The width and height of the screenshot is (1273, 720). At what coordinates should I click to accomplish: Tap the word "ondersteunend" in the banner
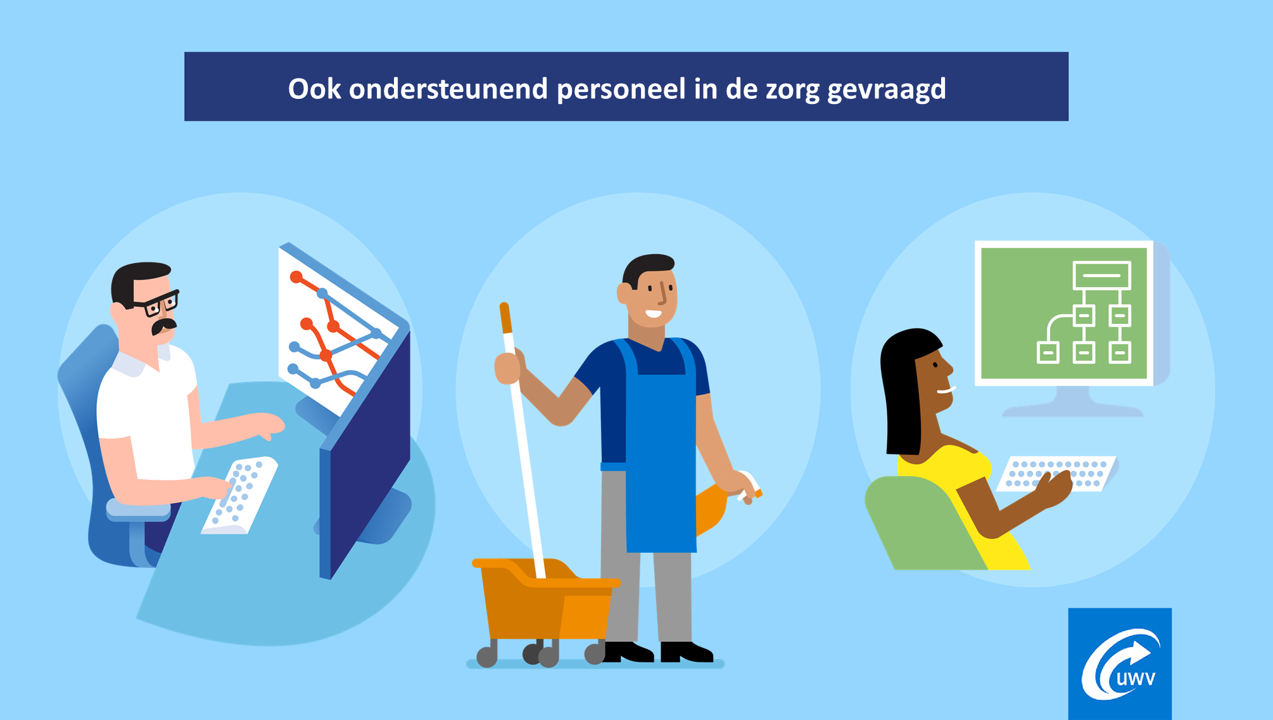[448, 89]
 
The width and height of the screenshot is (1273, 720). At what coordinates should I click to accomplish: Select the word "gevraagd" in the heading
[886, 89]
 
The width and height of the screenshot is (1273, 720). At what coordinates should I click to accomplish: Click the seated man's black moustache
[163, 326]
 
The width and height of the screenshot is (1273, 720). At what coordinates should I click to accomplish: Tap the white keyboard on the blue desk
[239, 495]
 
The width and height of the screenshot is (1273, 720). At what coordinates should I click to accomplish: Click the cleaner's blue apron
[661, 456]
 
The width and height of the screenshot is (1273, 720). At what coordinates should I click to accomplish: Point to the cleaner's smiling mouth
[653, 313]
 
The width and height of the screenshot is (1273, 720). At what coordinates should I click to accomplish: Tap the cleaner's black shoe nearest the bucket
[627, 652]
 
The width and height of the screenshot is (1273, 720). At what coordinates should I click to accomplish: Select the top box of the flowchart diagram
[1101, 275]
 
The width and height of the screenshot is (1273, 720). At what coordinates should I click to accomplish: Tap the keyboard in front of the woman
[1056, 473]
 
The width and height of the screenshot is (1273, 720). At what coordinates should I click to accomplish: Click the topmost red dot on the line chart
[296, 277]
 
